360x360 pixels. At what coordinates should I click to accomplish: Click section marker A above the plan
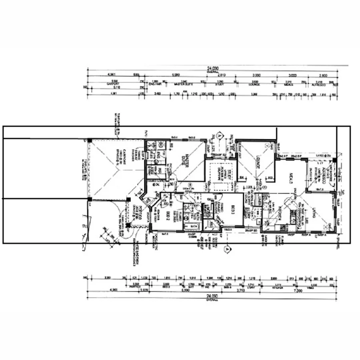coord(219,135)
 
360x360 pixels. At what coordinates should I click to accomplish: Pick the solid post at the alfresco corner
coord(335,160)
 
